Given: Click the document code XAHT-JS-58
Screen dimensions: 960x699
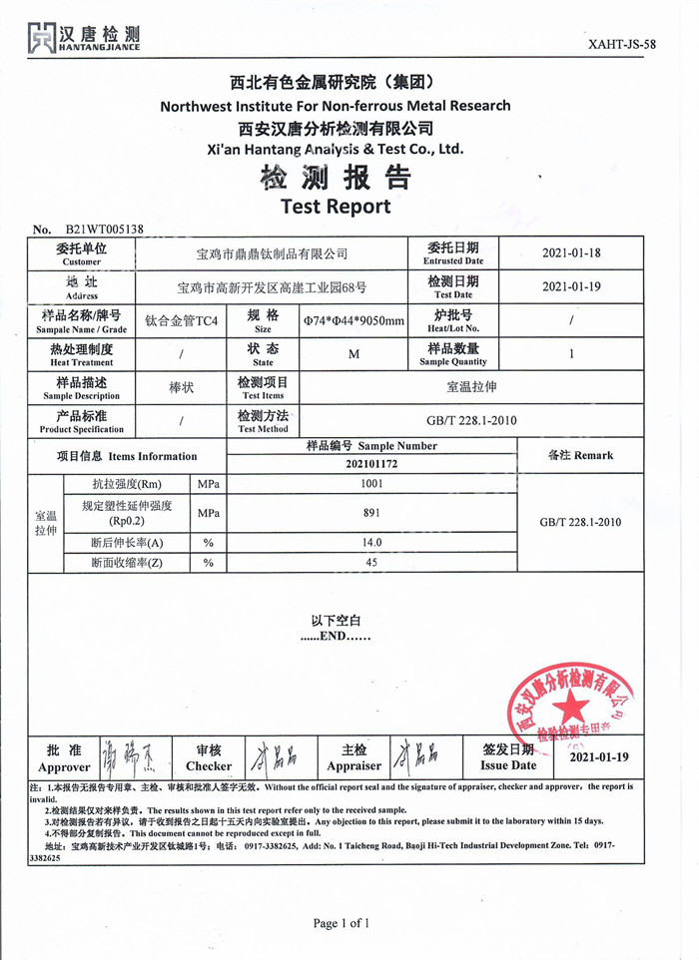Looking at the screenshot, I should [x=622, y=44].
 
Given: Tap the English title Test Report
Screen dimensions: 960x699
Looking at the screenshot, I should [x=336, y=207].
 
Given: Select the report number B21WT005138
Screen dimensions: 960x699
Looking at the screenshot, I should [x=104, y=229].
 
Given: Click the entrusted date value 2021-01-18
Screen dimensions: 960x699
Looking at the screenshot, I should [x=571, y=253].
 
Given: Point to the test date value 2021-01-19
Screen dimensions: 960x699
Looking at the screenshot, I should [x=571, y=286].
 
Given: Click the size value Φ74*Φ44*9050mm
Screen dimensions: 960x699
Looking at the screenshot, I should [x=353, y=320].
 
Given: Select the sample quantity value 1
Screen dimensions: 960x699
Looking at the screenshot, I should [x=571, y=353].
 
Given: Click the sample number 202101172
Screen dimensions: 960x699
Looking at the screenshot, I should [x=371, y=464].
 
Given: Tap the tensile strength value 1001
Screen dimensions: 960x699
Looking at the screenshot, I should [x=371, y=484].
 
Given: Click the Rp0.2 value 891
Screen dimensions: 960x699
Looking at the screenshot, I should [x=371, y=513].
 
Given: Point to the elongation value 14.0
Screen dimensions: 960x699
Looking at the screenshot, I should [x=371, y=543].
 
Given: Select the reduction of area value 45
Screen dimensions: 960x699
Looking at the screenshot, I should [x=371, y=563].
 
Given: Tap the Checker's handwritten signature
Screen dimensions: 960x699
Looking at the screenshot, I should [x=272, y=758].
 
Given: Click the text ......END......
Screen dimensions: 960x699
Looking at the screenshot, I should [x=336, y=636].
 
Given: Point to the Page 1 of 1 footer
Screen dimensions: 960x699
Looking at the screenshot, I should [x=341, y=923].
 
